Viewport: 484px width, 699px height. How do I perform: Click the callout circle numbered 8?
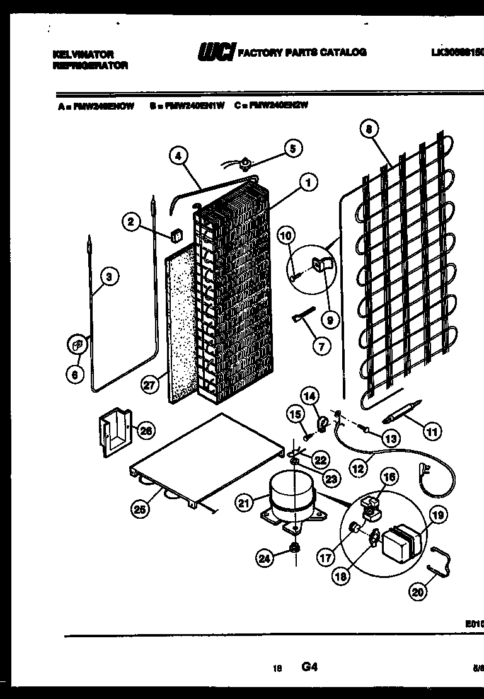coord(369,130)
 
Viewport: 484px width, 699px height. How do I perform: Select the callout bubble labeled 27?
coord(149,386)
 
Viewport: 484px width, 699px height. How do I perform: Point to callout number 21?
coord(243,502)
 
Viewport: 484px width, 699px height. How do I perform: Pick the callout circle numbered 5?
coord(292,149)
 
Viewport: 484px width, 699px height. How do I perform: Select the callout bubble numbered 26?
coord(146,431)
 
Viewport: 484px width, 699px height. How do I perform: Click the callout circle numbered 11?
coord(432,432)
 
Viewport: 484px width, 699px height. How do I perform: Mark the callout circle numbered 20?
coord(417,591)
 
